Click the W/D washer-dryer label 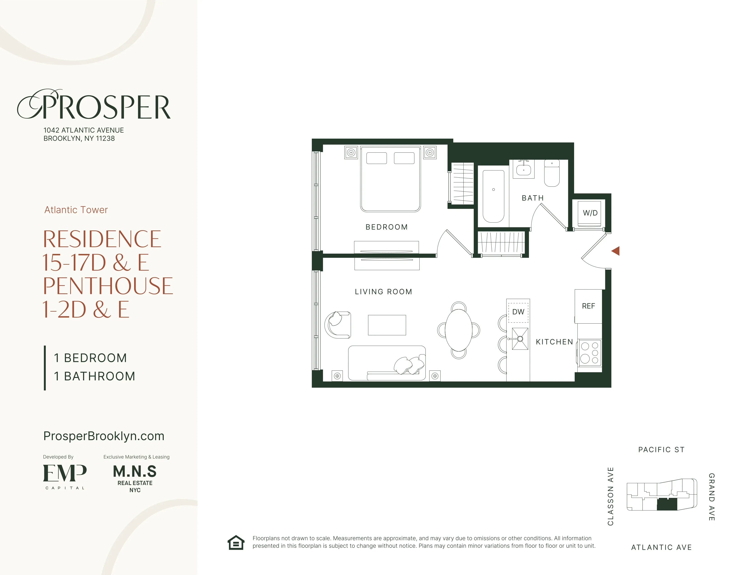click(x=590, y=213)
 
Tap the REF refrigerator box click(x=589, y=306)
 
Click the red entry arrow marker click(x=616, y=251)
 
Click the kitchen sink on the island click(x=520, y=339)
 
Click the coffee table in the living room click(x=387, y=325)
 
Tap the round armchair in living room click(x=338, y=325)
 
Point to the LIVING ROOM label click(x=383, y=292)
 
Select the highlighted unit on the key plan click(x=667, y=504)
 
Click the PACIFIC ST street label click(x=661, y=450)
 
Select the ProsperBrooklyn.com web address click(x=104, y=436)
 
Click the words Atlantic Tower click(x=76, y=210)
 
